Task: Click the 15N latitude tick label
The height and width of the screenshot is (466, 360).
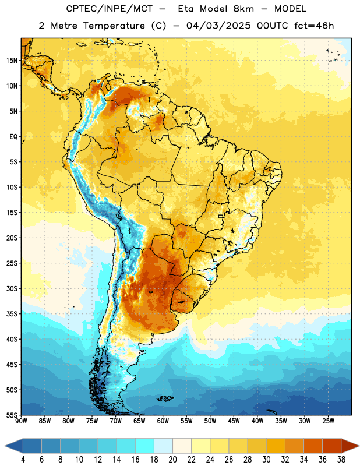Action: [x=12, y=61]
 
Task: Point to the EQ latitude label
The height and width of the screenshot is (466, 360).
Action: [x=13, y=137]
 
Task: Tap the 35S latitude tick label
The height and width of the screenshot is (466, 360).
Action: [x=12, y=314]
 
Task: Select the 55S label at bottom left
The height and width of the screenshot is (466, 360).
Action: [x=12, y=415]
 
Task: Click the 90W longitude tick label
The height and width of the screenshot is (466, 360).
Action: [x=21, y=421]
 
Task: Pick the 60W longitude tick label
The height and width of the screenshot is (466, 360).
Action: [x=163, y=421]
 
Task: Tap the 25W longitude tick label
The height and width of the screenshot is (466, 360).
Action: [x=328, y=421]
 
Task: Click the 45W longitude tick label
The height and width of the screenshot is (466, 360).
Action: [x=234, y=421]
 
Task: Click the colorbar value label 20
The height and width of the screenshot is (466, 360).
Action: [x=172, y=460]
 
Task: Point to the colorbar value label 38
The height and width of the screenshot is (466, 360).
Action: [x=341, y=460]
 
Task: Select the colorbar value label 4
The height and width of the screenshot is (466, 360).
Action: [x=23, y=460]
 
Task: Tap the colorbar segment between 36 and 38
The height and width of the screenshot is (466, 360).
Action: [x=332, y=446]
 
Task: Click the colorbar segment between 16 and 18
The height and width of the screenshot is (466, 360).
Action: [x=145, y=446]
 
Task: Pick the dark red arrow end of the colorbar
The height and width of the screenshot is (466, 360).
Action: [x=350, y=446]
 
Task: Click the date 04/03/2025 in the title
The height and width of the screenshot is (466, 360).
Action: [x=218, y=26]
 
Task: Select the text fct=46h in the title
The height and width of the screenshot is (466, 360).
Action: [x=314, y=26]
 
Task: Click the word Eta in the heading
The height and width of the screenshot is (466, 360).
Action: [x=186, y=9]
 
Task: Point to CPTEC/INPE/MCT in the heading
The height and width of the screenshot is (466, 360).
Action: [x=110, y=9]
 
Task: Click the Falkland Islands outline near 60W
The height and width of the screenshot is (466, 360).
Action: [x=165, y=398]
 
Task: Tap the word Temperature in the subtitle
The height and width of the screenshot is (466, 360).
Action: [x=114, y=26]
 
